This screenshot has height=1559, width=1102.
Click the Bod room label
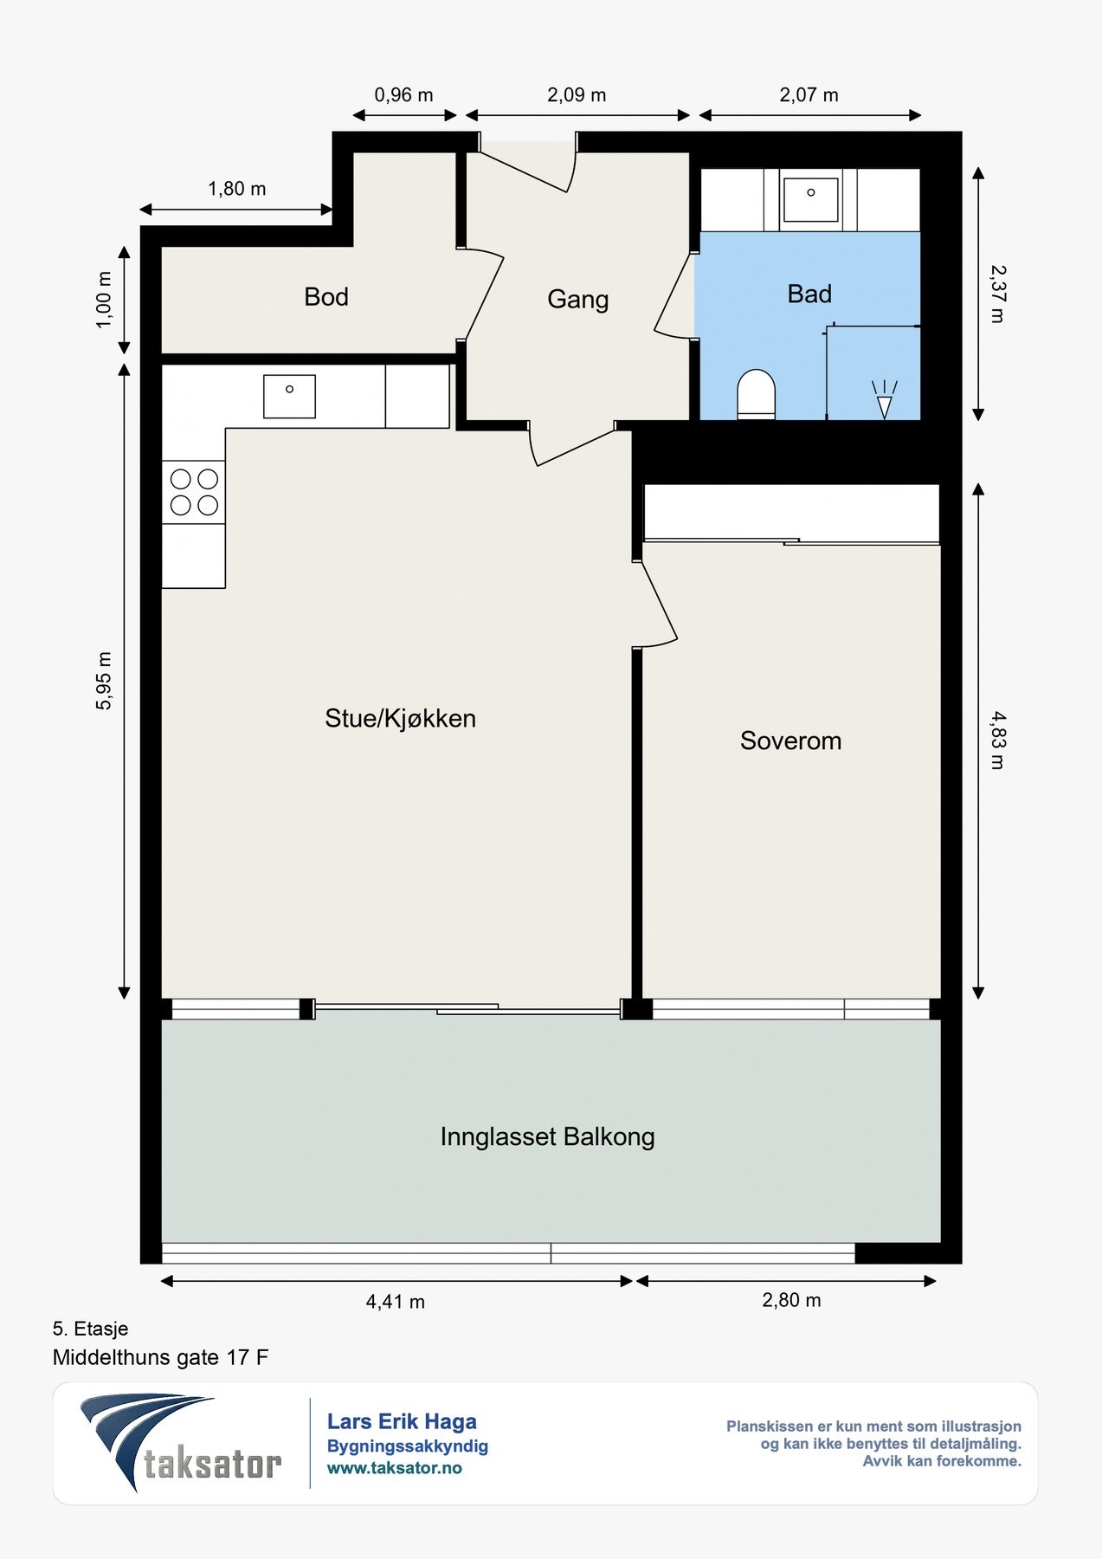pyautogui.click(x=326, y=297)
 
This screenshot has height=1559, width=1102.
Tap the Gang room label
pyautogui.click(x=578, y=300)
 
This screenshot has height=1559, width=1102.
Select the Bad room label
pyautogui.click(x=809, y=294)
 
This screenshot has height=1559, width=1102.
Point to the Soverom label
pyautogui.click(x=790, y=741)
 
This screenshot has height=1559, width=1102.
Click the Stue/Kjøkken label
pyautogui.click(x=400, y=718)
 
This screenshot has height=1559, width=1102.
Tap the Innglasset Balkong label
pyautogui.click(x=547, y=1136)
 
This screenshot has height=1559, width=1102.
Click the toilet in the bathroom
pyautogui.click(x=756, y=395)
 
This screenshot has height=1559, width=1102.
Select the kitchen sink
pyautogui.click(x=289, y=396)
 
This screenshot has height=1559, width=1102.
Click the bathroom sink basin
pyautogui.click(x=810, y=199)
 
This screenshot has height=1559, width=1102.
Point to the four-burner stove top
pyautogui.click(x=194, y=492)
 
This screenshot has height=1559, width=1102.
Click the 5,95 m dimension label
pyautogui.click(x=104, y=681)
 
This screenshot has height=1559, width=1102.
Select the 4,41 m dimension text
pyautogui.click(x=396, y=1301)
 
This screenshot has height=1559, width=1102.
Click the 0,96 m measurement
pyautogui.click(x=403, y=95)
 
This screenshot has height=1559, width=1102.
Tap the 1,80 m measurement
pyautogui.click(x=237, y=189)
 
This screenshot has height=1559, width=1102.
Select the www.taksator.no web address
pyautogui.click(x=395, y=1468)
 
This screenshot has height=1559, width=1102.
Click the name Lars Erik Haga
pyautogui.click(x=402, y=1421)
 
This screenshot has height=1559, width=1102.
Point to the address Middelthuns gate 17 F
pyautogui.click(x=161, y=1357)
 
